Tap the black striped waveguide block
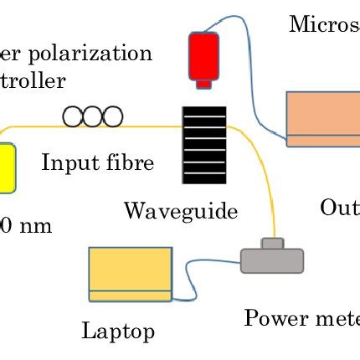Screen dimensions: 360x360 click(203, 144)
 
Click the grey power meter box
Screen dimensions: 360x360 click(272, 260)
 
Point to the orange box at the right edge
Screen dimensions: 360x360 click(323, 118)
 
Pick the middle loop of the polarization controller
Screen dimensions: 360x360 click(90, 117)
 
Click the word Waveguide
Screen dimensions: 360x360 click(180, 210)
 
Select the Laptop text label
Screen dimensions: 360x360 click(117, 331)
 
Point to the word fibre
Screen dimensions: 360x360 click(129, 162)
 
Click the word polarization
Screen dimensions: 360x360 click(89, 54)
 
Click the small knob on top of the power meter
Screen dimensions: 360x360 click(271, 243)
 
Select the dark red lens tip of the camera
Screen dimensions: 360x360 click(203, 82)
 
